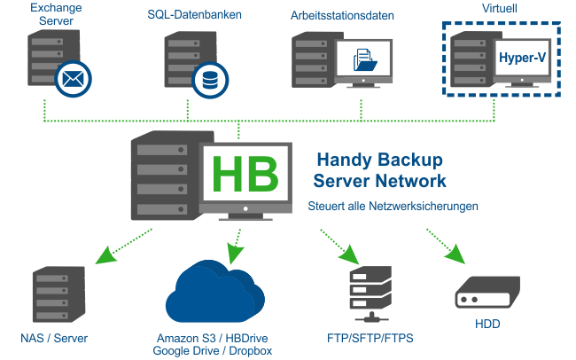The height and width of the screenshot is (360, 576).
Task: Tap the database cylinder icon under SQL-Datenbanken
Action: click(210, 79)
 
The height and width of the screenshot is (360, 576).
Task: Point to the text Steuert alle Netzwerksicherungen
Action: click(393, 206)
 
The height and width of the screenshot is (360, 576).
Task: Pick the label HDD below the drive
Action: click(488, 325)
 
